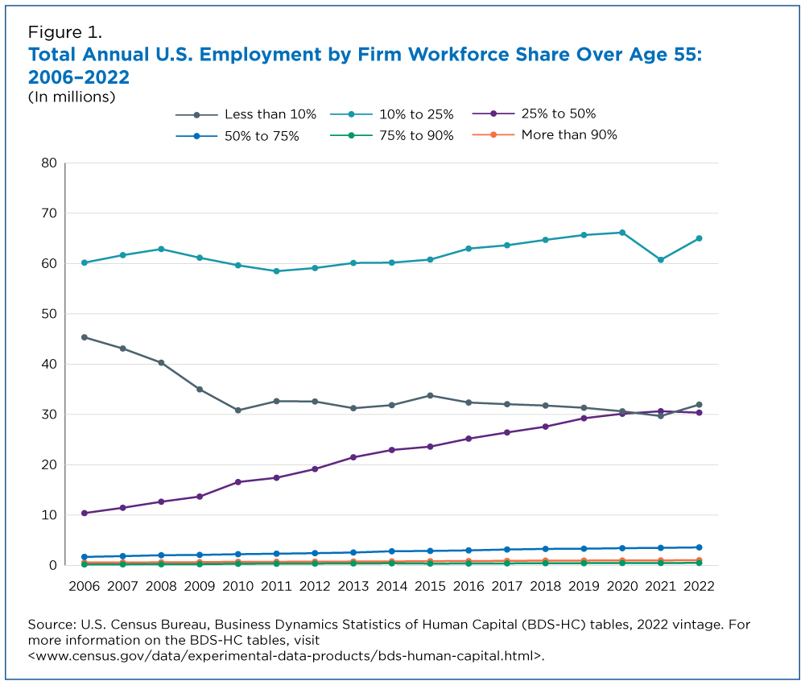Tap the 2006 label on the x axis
85,584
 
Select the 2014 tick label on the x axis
392,584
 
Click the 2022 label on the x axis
699,584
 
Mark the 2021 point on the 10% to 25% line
660,260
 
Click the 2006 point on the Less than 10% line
85,337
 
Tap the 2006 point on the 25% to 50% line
85,513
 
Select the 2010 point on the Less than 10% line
238,411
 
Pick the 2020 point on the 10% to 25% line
621,233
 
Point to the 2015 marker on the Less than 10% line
430,395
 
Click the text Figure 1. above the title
65,33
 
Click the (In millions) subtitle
72,97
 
